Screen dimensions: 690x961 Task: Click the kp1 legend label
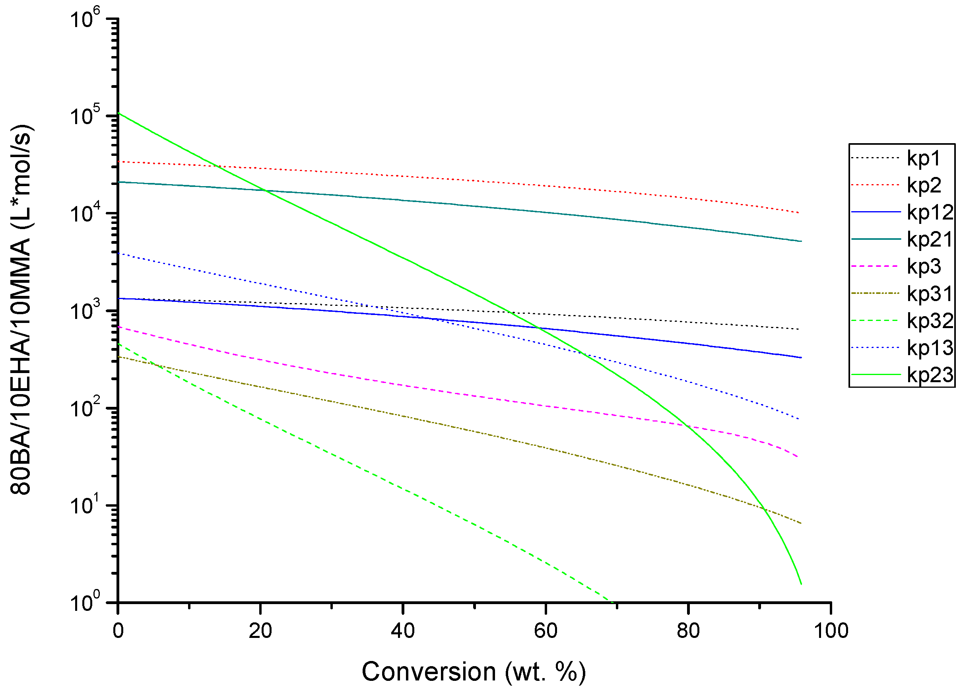[x=924, y=158]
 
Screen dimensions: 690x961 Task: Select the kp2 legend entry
[x=924, y=185]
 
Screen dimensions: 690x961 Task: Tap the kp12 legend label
[x=930, y=212]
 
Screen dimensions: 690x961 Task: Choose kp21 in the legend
[x=930, y=239]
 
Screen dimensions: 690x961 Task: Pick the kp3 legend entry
[x=924, y=266]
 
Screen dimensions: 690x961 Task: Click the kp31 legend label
[x=930, y=294]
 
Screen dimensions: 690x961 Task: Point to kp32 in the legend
[x=930, y=321]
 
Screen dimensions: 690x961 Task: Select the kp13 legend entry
[x=930, y=348]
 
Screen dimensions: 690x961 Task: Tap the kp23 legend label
[x=930, y=375]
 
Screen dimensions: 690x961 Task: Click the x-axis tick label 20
[x=260, y=631]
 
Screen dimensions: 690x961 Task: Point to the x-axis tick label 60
[x=546, y=631]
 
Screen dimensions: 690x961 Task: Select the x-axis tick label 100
[x=831, y=631]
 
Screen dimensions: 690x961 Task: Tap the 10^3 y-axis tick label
[x=85, y=310]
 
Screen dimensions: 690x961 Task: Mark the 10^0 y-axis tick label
[x=85, y=602]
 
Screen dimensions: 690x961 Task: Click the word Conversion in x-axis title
[x=428, y=672]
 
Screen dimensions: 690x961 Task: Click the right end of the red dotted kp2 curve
[x=798, y=213]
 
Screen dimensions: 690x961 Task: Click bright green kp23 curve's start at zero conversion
[x=118, y=113]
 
